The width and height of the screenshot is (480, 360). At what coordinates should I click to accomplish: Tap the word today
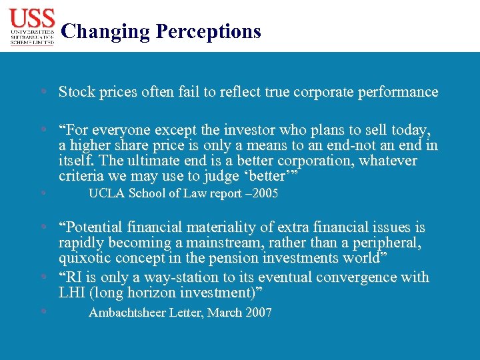coord(412,129)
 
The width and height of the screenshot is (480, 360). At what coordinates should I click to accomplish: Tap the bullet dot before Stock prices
coord(43,92)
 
